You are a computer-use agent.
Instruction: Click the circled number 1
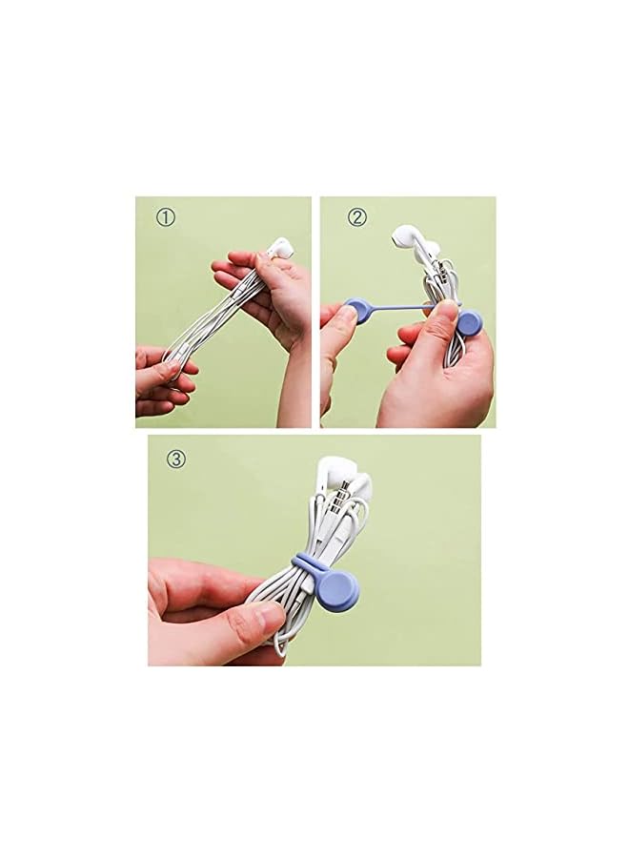point(166,217)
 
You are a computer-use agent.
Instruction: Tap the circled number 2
point(357,217)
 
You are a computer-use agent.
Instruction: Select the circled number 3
point(175,459)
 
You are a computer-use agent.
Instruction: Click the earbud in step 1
point(280,249)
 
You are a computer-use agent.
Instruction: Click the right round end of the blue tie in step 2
point(469,323)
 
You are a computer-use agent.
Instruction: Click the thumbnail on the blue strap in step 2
point(447,312)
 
